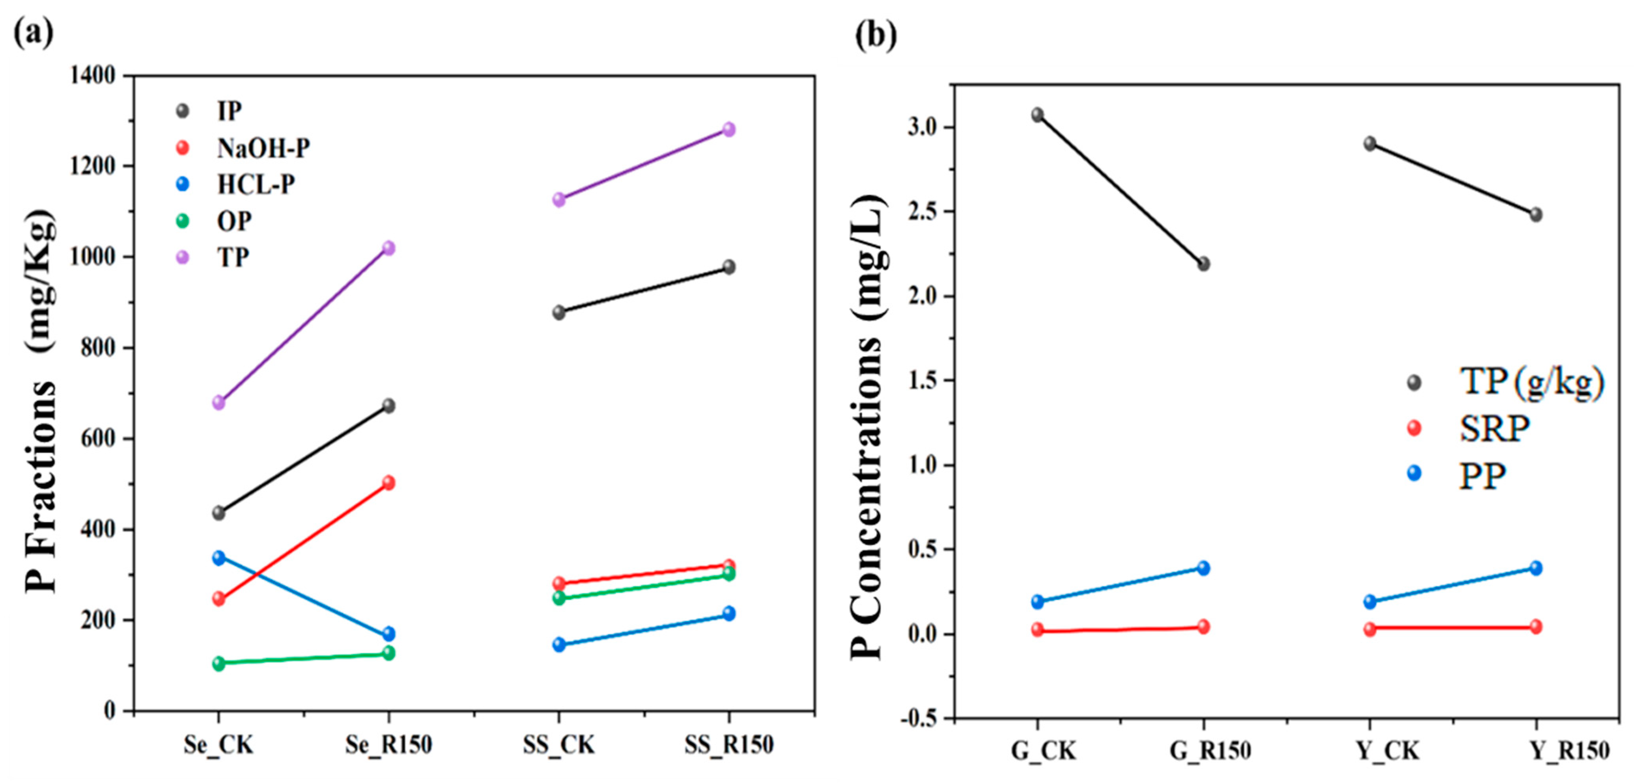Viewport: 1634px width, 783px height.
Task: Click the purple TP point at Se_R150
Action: tap(388, 248)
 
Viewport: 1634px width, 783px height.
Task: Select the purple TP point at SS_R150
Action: tap(729, 129)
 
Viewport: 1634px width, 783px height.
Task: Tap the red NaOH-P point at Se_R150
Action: tap(388, 482)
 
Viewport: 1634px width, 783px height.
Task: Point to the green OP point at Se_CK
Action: tap(219, 663)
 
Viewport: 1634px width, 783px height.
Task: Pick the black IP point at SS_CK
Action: tap(559, 312)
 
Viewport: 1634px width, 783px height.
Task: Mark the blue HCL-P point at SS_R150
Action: tap(729, 613)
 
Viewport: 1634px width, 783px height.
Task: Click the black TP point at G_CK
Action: tap(1037, 115)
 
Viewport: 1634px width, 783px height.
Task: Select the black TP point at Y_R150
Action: tap(1536, 214)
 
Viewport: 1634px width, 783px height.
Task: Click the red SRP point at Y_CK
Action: tap(1370, 629)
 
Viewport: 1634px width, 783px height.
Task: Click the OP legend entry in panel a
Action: tap(234, 221)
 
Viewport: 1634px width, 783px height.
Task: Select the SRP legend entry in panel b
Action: tap(1494, 429)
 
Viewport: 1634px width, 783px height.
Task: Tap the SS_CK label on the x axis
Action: tap(559, 745)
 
